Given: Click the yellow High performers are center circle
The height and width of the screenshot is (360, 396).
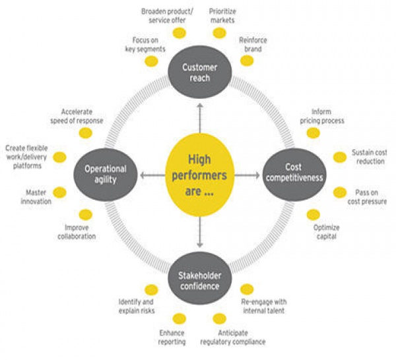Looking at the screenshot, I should coord(199,175).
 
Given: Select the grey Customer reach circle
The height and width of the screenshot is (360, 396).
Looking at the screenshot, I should coord(199,73).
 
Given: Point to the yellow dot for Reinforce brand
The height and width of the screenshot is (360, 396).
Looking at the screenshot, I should coord(247,61).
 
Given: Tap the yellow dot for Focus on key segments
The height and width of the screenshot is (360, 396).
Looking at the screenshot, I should coord(151,61).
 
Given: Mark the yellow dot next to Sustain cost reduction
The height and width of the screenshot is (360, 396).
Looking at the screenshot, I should coord(339,157).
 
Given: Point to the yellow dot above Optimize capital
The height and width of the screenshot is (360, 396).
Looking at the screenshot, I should coord(313,214).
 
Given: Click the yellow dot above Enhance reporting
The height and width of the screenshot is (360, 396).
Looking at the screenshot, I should coord(179,318).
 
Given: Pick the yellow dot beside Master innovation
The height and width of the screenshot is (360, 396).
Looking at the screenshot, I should coord(60,193).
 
